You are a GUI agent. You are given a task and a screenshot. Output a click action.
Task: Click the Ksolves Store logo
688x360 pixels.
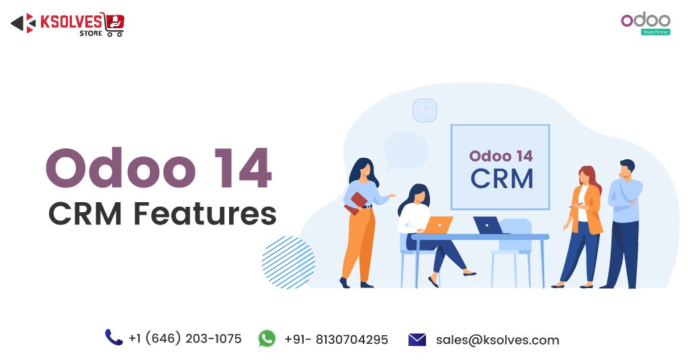point(67,24)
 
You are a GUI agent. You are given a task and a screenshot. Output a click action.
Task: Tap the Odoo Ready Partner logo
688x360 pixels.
point(645,23)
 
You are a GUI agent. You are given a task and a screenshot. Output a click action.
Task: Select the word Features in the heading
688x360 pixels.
point(204,214)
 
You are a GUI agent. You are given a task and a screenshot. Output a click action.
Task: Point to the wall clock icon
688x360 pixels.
point(425,110)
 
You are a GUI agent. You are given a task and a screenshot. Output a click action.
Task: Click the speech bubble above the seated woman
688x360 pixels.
point(406,149)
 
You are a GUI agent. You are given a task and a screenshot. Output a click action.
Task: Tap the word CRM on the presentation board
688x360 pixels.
point(501,179)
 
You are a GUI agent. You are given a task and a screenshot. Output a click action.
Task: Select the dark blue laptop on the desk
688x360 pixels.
point(488,226)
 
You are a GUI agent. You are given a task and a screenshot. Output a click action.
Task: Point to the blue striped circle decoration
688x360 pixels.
point(288,263)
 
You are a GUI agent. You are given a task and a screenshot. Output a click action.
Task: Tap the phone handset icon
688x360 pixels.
point(114,337)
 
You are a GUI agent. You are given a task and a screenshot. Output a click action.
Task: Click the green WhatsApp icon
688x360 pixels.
point(267,339)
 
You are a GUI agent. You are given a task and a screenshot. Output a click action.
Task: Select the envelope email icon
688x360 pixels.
point(417,340)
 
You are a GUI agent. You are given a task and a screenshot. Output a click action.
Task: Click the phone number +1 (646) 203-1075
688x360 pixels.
point(185,339)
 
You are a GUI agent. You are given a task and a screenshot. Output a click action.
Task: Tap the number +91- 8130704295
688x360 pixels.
point(336,340)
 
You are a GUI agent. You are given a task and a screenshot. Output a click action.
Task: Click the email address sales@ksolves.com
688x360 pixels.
point(497,340)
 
